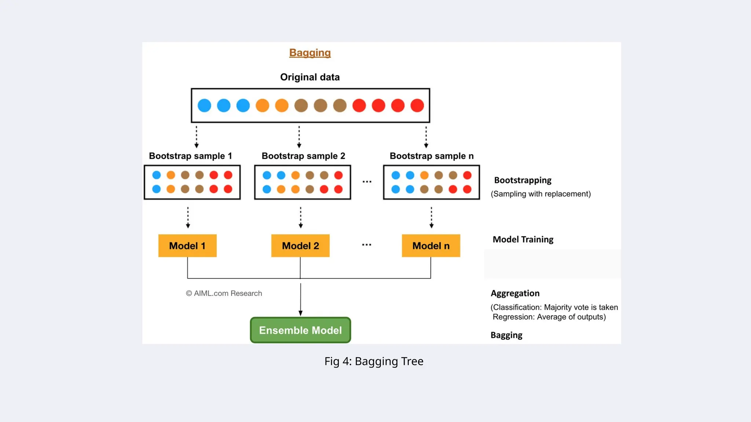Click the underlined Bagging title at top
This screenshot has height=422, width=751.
tap(310, 53)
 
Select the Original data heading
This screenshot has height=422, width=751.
tap(310, 77)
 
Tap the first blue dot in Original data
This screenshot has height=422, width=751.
tap(204, 105)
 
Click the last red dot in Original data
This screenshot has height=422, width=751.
tap(417, 105)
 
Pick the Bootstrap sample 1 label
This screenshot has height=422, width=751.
tap(190, 156)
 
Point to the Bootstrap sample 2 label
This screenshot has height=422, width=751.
tap(303, 156)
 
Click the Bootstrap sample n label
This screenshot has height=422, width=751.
tap(432, 156)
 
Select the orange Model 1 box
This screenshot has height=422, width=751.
tap(187, 246)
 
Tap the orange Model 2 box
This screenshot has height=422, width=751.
tap(300, 246)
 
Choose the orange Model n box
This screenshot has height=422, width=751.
tap(431, 246)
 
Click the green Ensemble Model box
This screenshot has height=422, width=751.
tap(300, 330)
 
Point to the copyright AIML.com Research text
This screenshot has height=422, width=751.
tap(224, 293)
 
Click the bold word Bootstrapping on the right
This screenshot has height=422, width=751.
tap(523, 180)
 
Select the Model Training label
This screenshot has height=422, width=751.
tap(523, 240)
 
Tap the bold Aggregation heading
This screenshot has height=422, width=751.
tap(515, 293)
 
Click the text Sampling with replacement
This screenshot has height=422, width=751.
tap(541, 194)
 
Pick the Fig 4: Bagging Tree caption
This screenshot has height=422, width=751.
tap(374, 362)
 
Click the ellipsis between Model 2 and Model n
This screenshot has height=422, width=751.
tap(367, 245)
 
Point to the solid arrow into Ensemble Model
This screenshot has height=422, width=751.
tap(300, 299)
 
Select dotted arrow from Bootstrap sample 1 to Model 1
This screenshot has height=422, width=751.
tap(188, 217)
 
